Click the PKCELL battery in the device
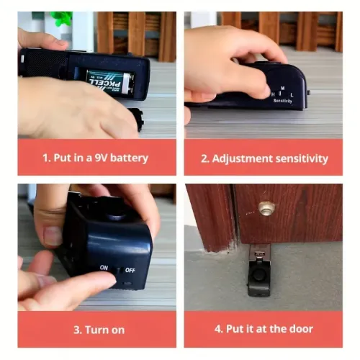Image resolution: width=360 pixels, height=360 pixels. pyautogui.click(x=108, y=81)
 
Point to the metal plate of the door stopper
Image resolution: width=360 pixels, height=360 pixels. pyautogui.click(x=260, y=253)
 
